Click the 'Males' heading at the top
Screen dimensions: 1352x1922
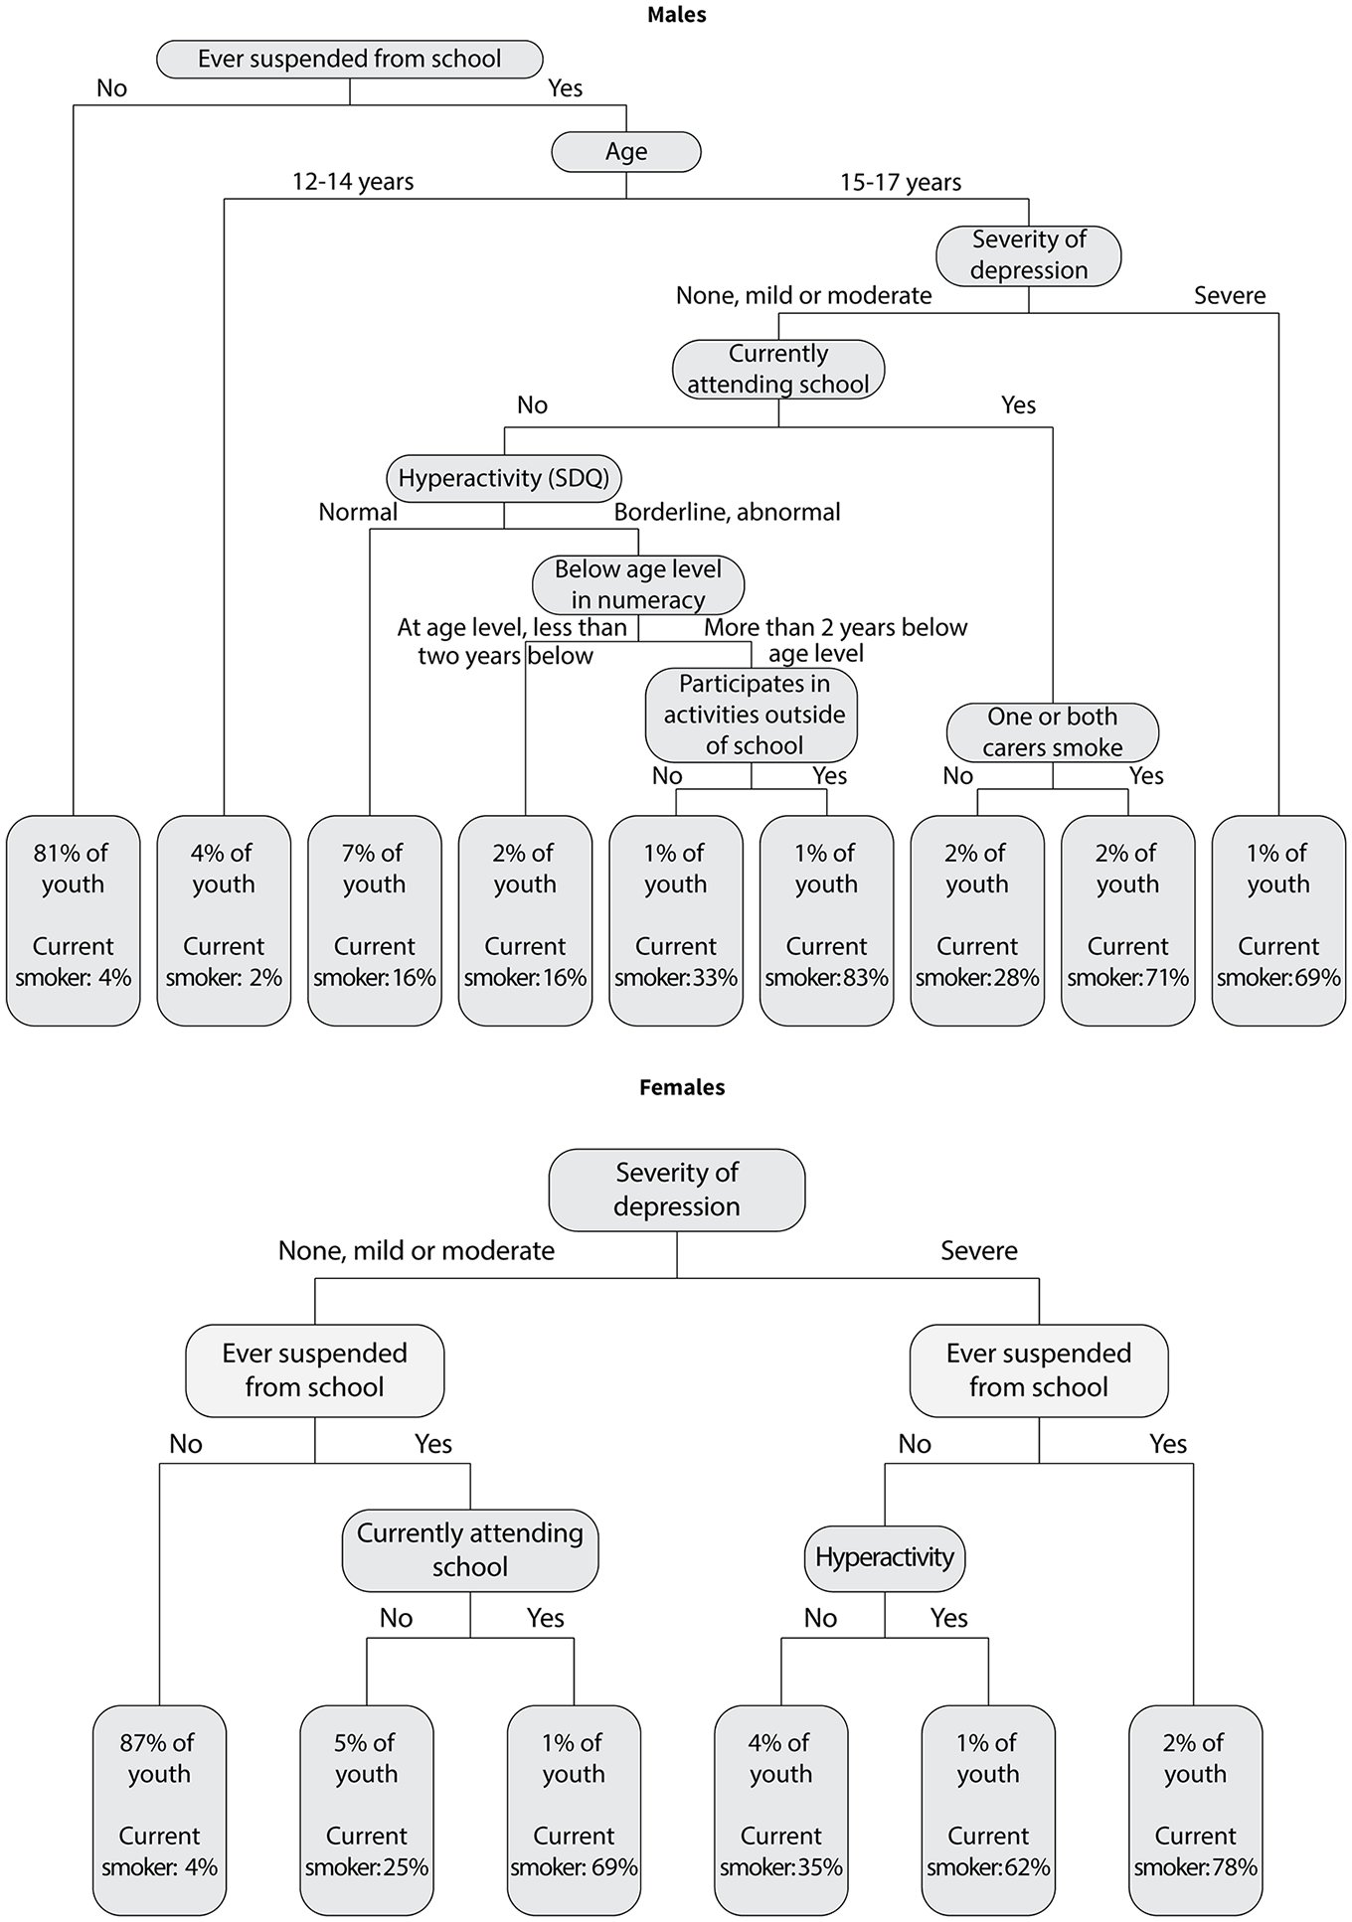(676, 15)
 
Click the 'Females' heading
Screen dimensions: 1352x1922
(682, 1087)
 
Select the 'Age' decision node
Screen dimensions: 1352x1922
(626, 151)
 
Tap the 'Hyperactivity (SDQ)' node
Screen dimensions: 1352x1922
(504, 478)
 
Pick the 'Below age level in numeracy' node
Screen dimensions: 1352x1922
(638, 584)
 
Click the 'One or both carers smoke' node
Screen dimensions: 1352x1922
(1053, 732)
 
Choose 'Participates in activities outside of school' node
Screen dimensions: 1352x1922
(752, 715)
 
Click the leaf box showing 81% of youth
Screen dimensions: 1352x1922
(74, 920)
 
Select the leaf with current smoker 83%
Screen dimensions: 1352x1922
(826, 920)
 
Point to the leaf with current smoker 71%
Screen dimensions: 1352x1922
(1128, 920)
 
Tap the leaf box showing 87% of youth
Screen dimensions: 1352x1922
(159, 1810)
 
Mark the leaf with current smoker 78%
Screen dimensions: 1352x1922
(1195, 1810)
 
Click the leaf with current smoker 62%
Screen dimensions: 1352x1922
(988, 1810)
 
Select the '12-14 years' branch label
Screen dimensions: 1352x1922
(353, 182)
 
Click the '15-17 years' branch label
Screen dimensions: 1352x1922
(901, 183)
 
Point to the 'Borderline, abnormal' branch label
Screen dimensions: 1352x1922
(727, 512)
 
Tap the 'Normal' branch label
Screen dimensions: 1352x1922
(358, 512)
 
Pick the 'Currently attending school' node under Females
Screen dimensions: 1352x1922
(470, 1550)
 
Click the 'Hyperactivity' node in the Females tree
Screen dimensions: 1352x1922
(885, 1557)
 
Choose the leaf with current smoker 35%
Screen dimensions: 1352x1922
(781, 1810)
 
